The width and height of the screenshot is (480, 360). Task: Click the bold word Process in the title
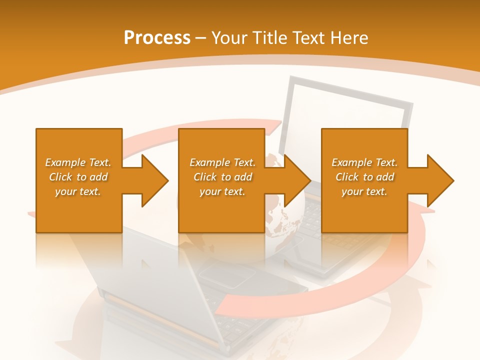click(157, 38)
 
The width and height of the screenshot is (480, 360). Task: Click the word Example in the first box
click(65, 162)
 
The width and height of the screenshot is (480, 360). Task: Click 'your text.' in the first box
click(78, 191)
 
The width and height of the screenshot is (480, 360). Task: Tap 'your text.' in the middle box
click(222, 191)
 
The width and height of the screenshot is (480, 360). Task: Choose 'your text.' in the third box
click(364, 191)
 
